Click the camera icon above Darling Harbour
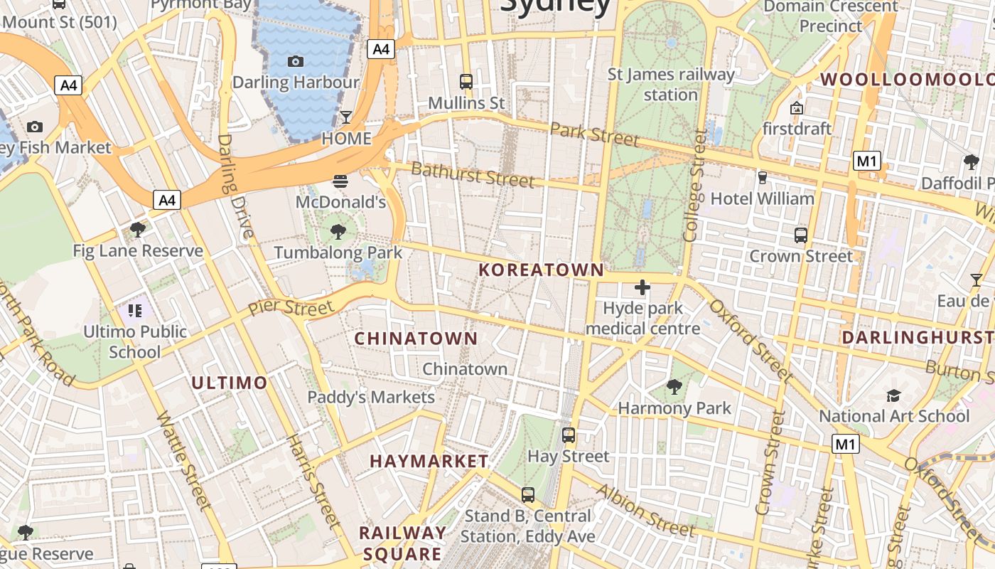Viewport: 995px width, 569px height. point(296,62)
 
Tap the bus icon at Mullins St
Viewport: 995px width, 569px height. point(466,82)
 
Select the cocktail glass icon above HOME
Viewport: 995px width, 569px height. point(346,117)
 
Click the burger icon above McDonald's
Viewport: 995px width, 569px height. point(340,181)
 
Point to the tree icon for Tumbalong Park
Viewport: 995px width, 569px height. point(338,231)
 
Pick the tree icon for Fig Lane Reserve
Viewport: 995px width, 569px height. point(138,229)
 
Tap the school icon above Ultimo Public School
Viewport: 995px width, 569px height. point(135,310)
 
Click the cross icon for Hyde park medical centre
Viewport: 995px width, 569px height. point(642,287)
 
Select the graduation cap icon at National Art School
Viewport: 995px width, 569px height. point(893,395)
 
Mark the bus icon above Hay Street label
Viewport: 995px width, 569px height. point(569,435)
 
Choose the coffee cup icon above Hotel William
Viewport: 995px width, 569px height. point(763,177)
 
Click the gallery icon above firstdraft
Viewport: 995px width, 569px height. point(797,108)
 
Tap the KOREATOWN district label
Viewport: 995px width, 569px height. point(542,270)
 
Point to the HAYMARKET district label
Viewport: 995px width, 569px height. point(429,461)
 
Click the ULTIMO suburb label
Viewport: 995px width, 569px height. point(230,383)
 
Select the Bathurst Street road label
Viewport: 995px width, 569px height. point(473,174)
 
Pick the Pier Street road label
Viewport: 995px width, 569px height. point(291,308)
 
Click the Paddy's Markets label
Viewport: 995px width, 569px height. point(371,397)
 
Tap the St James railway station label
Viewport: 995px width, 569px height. point(671,84)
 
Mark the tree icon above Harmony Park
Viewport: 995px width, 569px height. point(674,388)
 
